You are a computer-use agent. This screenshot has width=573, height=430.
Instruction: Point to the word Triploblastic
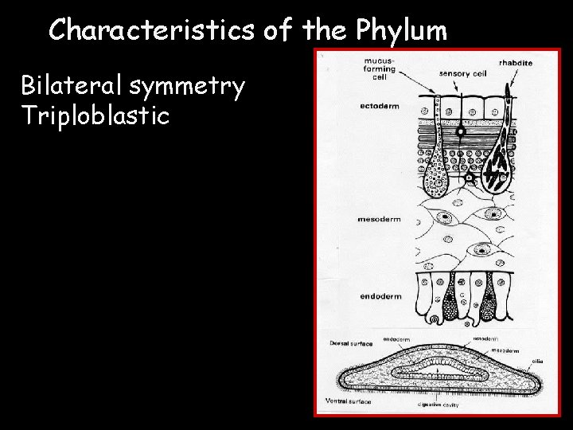(95, 116)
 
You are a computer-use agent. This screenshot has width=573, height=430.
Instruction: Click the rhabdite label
(515, 62)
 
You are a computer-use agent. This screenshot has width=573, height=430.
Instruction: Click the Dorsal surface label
(351, 343)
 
